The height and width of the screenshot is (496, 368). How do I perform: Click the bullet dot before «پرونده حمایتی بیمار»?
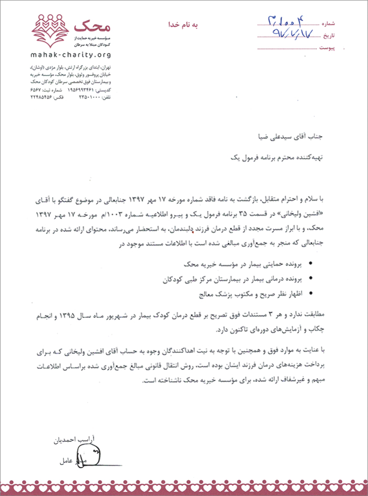(x=312, y=263)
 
